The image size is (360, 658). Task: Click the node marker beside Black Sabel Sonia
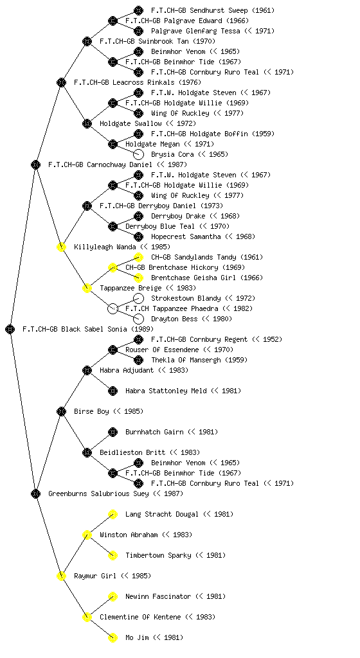(x=10, y=329)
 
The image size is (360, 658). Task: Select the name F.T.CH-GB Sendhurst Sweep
(x=199, y=10)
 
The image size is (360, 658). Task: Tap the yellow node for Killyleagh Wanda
(x=61, y=247)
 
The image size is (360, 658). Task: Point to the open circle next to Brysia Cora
(x=138, y=154)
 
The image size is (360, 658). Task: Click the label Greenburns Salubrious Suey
(x=98, y=494)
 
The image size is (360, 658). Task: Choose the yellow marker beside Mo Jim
(x=113, y=637)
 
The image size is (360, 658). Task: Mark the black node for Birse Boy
(x=61, y=411)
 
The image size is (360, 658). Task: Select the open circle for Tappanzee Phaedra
(x=113, y=308)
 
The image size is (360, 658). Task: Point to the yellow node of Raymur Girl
(x=61, y=576)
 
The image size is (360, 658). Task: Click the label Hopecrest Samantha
(x=186, y=236)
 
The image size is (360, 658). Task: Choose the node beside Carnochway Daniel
(x=35, y=164)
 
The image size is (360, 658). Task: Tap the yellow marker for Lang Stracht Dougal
(x=113, y=514)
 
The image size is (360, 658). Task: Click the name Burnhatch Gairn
(x=154, y=432)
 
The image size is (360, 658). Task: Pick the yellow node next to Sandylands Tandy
(x=138, y=257)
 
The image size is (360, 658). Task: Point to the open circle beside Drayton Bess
(x=138, y=319)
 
